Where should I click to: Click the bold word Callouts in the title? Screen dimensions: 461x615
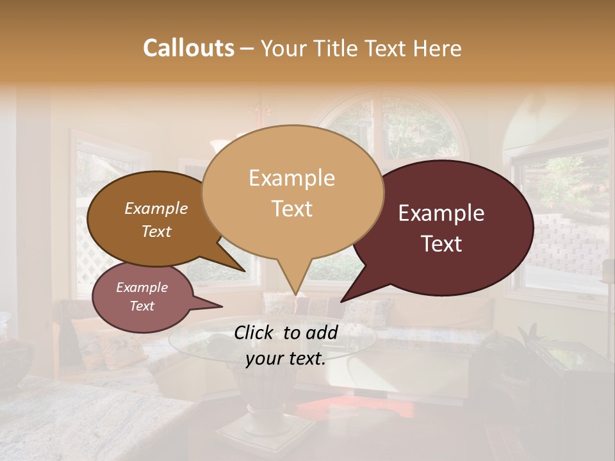click(x=188, y=49)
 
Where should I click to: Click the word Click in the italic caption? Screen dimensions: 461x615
click(x=255, y=332)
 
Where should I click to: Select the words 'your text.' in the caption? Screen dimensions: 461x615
click(x=286, y=359)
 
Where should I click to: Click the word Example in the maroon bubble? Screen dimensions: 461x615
click(x=441, y=214)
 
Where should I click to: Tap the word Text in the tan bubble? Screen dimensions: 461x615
click(x=292, y=209)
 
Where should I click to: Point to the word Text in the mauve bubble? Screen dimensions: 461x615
click(x=142, y=306)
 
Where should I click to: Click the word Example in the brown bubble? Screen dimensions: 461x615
click(x=156, y=209)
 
